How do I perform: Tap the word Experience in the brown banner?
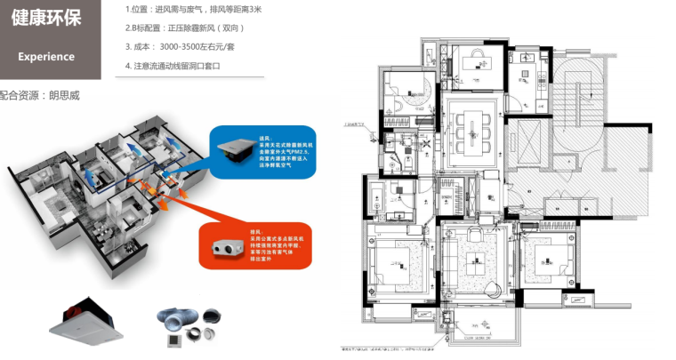click(x=46, y=56)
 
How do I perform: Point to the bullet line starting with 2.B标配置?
click(x=183, y=28)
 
